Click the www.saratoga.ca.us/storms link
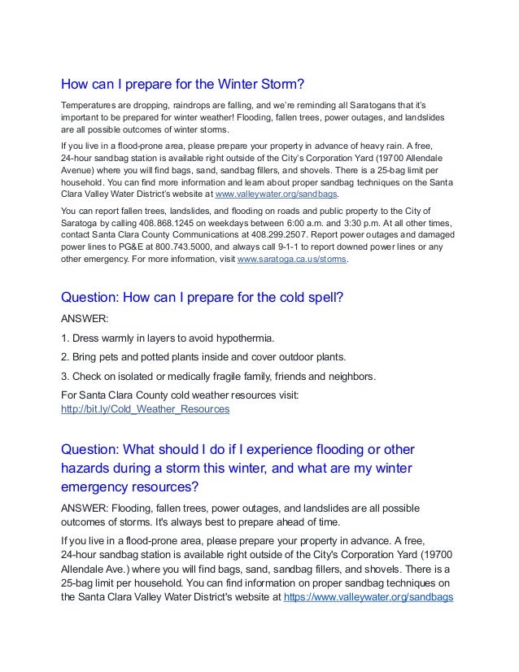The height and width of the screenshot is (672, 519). [292, 259]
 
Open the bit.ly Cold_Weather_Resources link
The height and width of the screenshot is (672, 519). [146, 409]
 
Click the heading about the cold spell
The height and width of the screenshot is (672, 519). [203, 297]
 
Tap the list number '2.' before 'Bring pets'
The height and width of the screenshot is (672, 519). [66, 356]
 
